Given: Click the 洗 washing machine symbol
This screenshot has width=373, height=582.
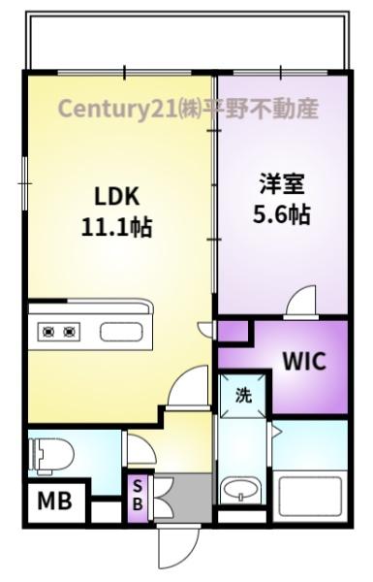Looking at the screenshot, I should point(244,394).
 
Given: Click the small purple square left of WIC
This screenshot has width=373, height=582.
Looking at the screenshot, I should point(232,332).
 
